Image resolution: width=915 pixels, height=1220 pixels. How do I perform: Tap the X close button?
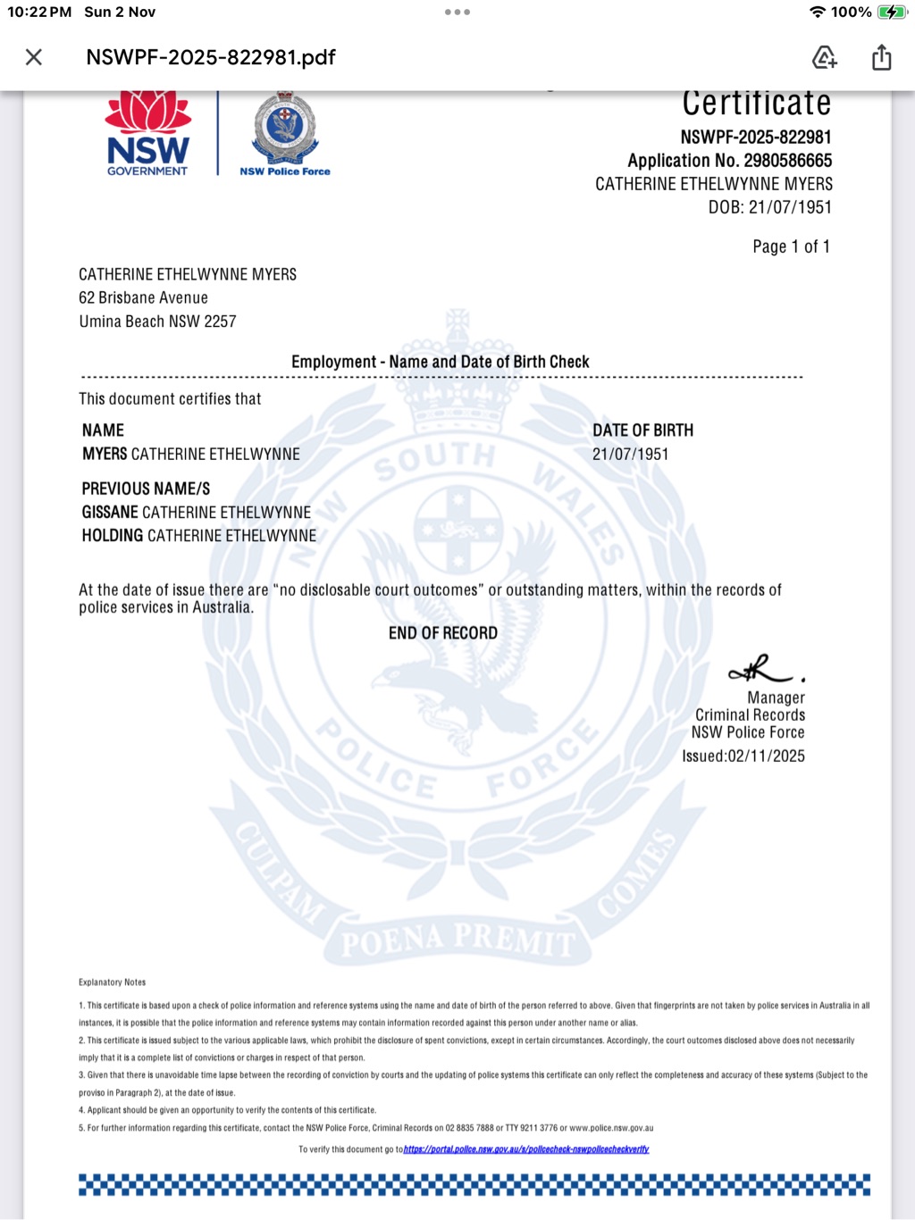34,57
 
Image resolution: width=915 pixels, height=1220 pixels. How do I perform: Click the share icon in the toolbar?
881,57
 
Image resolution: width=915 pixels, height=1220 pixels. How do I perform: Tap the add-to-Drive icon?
824,57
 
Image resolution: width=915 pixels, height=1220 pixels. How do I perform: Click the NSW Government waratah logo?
148,134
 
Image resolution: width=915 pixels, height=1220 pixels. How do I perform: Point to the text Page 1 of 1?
791,247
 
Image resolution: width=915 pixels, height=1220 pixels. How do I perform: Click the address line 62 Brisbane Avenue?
143,297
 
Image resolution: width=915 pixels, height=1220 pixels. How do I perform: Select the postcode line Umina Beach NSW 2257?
157,322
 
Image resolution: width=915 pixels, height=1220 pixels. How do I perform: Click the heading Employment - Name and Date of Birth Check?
440,362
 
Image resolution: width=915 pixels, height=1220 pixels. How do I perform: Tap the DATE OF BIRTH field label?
642,430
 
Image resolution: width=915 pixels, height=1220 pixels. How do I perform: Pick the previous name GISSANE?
110,513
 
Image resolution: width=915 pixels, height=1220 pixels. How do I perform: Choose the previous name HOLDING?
113,536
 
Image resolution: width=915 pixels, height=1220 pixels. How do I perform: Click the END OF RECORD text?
442,633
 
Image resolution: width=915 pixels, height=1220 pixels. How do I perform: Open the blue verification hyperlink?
525,1149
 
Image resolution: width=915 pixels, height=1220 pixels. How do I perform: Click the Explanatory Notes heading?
112,982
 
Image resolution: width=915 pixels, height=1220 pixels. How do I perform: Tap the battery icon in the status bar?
891,13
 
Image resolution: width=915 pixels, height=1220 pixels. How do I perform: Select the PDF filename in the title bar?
211,57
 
